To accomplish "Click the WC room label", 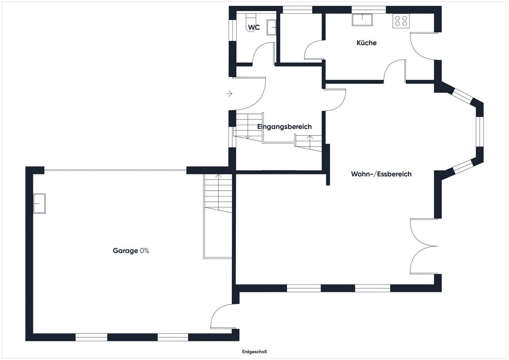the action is coord(254,27).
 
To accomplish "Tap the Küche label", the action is coord(366,43).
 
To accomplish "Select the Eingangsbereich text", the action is coord(284,127).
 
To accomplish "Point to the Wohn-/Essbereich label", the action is coord(381,174).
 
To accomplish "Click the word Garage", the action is coord(125,251).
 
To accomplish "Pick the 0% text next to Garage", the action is coord(144,250).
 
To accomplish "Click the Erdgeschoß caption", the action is coord(254,352).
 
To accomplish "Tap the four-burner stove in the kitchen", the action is coord(401,21).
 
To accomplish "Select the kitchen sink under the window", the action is coord(362,20).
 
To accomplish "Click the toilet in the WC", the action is coord(251,22).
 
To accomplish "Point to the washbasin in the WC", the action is coord(271,27).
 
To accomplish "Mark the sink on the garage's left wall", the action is coord(39,203).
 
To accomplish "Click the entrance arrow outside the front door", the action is coord(229,93).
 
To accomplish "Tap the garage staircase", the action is coord(218,216).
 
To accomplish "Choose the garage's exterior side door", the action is coord(224,316).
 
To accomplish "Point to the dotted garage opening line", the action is coord(115,170).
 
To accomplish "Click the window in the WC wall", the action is coord(232,31).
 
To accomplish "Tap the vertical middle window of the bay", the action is coord(480,132).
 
